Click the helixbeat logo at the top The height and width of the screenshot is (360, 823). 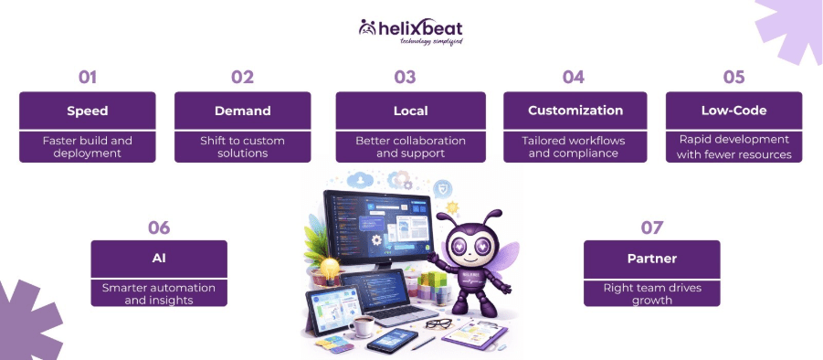(410, 31)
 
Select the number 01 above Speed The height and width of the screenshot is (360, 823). (88, 77)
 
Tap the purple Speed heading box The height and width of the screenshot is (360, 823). (88, 111)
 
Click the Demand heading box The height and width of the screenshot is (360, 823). (242, 111)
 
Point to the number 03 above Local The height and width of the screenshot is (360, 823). (405, 77)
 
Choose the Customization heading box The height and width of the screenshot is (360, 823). (575, 111)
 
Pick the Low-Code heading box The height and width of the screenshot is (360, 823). (733, 111)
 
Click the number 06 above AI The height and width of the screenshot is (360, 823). (159, 228)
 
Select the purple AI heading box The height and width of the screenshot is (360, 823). (159, 259)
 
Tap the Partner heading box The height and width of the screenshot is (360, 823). (652, 259)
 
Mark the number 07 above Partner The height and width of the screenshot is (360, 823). (652, 228)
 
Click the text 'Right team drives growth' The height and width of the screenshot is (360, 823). (652, 292)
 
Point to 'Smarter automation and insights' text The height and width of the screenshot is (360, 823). (159, 292)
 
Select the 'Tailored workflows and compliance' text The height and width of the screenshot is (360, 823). (575, 146)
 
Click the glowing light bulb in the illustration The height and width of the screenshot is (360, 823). (325, 267)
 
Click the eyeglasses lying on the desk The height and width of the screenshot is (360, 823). (438, 323)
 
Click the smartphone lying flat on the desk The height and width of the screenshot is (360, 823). (392, 342)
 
